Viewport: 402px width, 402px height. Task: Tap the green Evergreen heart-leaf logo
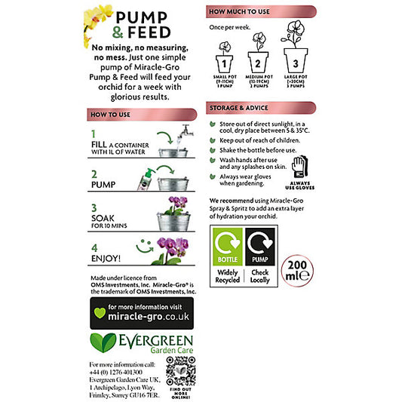(103, 344)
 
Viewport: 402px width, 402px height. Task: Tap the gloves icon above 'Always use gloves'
(299, 165)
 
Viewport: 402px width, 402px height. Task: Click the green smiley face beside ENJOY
(145, 244)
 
